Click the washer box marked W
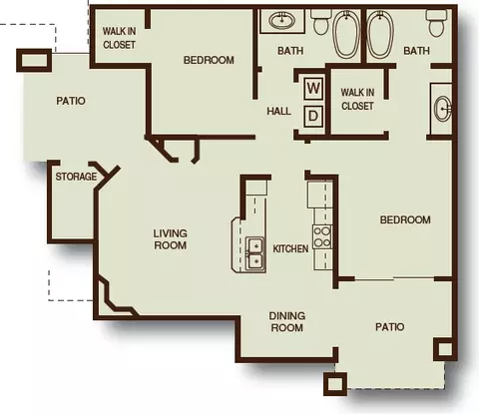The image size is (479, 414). [313, 89]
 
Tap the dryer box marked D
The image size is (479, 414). [313, 116]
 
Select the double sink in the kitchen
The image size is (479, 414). [255, 254]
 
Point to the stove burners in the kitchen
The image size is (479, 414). [322, 236]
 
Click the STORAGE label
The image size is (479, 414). [76, 177]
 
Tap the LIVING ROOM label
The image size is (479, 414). [170, 239]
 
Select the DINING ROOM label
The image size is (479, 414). [287, 321]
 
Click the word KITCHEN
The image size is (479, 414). [290, 248]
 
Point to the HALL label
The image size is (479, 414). [278, 111]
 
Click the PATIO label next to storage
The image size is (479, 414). [71, 101]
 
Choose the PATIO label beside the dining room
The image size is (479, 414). [390, 327]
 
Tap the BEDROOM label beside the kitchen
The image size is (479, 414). [405, 219]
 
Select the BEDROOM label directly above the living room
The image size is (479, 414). [209, 60]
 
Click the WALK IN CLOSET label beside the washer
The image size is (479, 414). [357, 99]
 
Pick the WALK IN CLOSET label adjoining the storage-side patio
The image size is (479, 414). [119, 38]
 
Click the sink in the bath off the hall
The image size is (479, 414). [281, 21]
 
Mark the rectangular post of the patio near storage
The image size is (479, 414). [34, 60]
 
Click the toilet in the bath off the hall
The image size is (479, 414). [321, 22]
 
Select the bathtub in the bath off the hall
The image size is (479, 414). [346, 34]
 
